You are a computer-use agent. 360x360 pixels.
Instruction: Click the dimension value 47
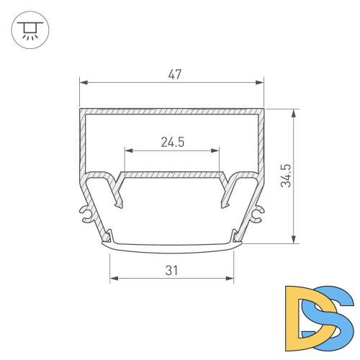(x=173, y=73)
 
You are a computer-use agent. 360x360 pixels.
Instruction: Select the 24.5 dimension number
(x=173, y=142)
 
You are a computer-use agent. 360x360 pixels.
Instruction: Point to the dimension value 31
(x=171, y=270)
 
